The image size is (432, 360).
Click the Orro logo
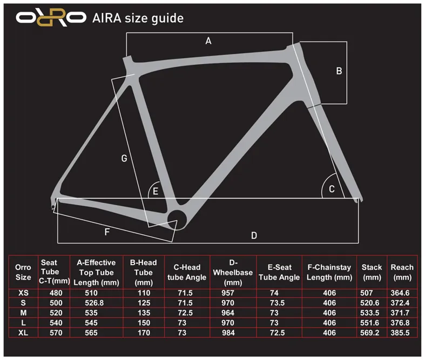(x=51, y=17)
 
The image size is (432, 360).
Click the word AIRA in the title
(x=107, y=18)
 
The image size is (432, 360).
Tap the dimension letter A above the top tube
(x=208, y=41)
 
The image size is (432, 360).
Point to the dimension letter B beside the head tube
(x=339, y=71)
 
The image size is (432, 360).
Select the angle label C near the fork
(x=332, y=189)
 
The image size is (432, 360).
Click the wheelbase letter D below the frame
(x=254, y=235)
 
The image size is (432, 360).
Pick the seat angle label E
(x=156, y=191)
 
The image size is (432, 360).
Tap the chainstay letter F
(x=107, y=232)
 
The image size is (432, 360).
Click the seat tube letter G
(x=124, y=158)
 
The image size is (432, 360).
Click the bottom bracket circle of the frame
(x=177, y=220)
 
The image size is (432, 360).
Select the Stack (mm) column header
(x=372, y=272)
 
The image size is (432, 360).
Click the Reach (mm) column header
(x=402, y=272)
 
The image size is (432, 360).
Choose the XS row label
(x=23, y=293)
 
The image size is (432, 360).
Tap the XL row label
(x=23, y=332)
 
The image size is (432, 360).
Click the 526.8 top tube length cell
(x=94, y=303)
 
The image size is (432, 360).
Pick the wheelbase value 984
(x=228, y=332)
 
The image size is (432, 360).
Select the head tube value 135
(x=144, y=313)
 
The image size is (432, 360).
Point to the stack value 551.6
(x=370, y=323)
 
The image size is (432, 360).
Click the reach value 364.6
(x=400, y=293)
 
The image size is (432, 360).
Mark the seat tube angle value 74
(x=274, y=293)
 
